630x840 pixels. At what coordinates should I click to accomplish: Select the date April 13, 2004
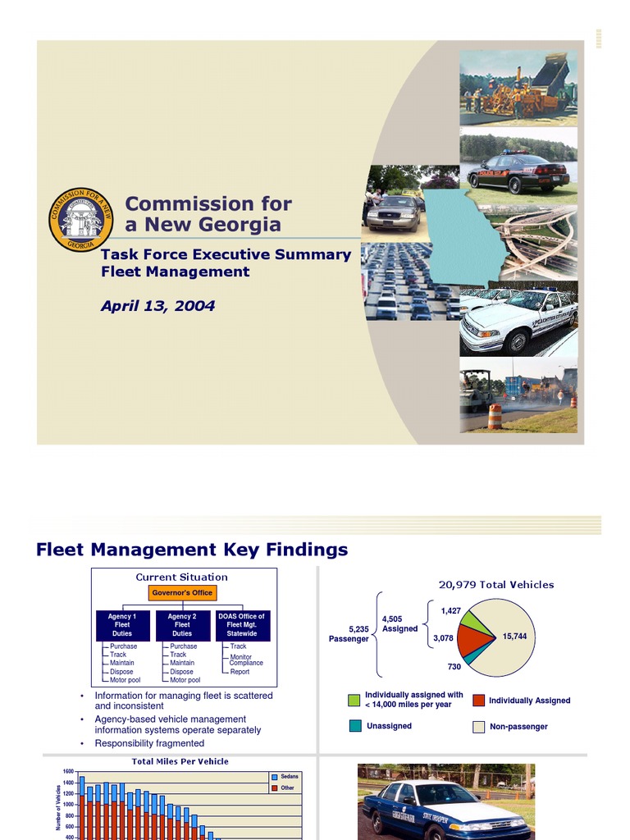pos(157,306)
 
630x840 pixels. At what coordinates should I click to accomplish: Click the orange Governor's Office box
pos(182,592)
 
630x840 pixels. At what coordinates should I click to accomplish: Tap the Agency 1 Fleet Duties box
pos(122,625)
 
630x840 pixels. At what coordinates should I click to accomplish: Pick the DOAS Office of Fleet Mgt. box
pos(241,625)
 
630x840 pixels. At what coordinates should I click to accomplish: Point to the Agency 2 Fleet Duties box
pos(182,625)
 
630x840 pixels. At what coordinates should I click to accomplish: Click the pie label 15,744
pos(514,637)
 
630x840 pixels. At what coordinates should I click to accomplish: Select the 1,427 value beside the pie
pos(450,611)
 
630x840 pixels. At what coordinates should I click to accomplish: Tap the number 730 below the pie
pos(454,667)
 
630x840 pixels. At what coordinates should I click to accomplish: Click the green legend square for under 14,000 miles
pos(354,700)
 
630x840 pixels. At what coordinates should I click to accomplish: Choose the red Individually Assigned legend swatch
pos(479,700)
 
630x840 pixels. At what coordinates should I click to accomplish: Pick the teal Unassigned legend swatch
pos(354,725)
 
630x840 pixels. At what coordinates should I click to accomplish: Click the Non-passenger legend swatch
pos(479,726)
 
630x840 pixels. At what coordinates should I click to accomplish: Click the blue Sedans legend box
pos(274,776)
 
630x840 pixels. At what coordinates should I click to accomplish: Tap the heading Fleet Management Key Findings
pos(192,550)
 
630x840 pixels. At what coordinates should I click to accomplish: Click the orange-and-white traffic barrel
pos(495,416)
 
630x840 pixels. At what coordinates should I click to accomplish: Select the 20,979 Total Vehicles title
pos(496,585)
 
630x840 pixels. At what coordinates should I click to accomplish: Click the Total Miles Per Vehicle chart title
pos(180,761)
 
